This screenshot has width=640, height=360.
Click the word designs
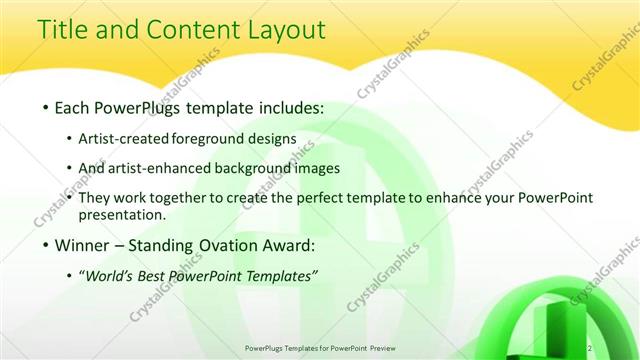[271, 138]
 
